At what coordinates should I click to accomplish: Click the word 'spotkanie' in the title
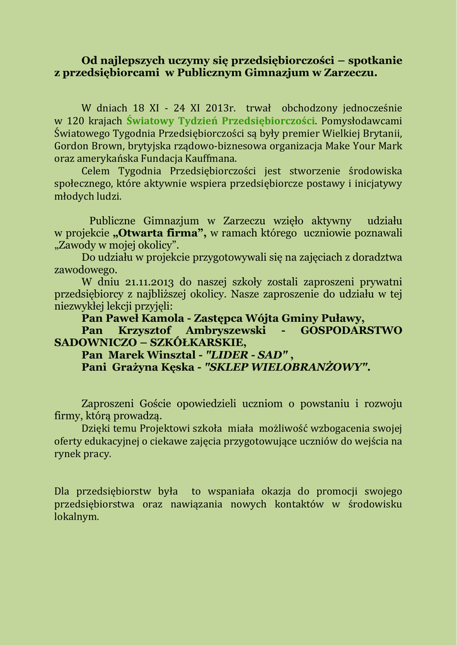pyautogui.click(x=375, y=60)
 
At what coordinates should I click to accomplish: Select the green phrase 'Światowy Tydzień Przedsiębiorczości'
pyautogui.click(x=220, y=120)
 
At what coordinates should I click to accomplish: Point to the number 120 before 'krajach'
pyautogui.click(x=75, y=120)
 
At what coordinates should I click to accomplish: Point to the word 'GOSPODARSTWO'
pyautogui.click(x=351, y=331)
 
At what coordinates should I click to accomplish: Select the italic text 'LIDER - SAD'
pyautogui.click(x=247, y=355)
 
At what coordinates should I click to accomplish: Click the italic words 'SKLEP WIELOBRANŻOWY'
pyautogui.click(x=287, y=367)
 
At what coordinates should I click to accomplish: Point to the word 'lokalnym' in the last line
pyautogui.click(x=76, y=517)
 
